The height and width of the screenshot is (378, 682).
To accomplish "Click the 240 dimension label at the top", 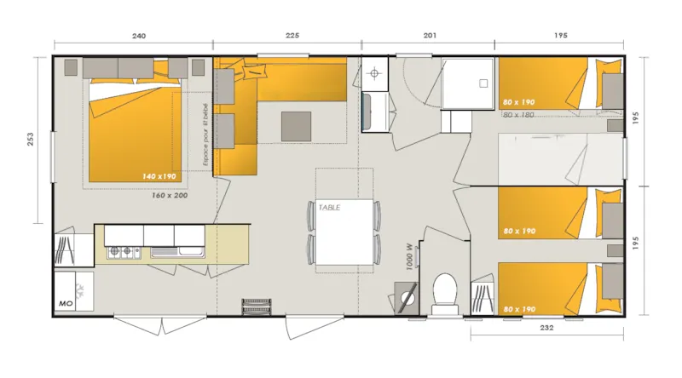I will (139, 36).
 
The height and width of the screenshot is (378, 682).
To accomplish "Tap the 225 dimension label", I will (292, 36).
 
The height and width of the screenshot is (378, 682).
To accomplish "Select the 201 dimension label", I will (430, 36).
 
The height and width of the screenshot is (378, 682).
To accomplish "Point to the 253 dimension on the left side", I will (30, 139).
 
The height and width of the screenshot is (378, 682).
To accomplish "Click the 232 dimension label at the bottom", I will (546, 327).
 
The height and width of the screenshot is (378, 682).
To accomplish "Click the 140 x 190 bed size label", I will (159, 176).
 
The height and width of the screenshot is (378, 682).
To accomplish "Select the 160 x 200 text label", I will (170, 195).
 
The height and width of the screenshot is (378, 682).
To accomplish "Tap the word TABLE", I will (330, 207).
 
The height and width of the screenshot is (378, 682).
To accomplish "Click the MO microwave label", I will (65, 302).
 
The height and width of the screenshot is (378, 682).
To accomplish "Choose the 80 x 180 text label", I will (519, 115).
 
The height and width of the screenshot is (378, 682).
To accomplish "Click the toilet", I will (443, 290).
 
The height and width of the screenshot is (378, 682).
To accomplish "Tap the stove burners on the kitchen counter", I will (124, 252).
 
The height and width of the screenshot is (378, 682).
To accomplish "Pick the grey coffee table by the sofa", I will (298, 126).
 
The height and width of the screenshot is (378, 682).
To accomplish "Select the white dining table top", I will (344, 232).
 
